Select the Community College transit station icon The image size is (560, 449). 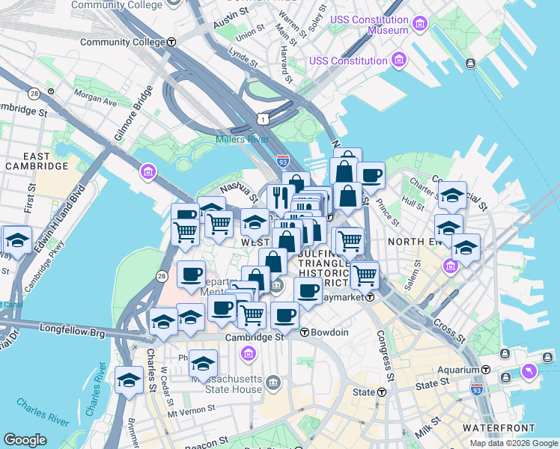[171, 42]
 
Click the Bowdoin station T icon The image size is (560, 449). [305, 332]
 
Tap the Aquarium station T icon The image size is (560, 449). [486, 370]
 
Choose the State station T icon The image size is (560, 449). [382, 392]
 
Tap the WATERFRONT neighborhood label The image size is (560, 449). [491, 427]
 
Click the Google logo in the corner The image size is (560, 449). [25, 440]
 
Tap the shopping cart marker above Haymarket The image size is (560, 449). [365, 275]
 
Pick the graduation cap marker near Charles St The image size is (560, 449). [129, 379]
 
